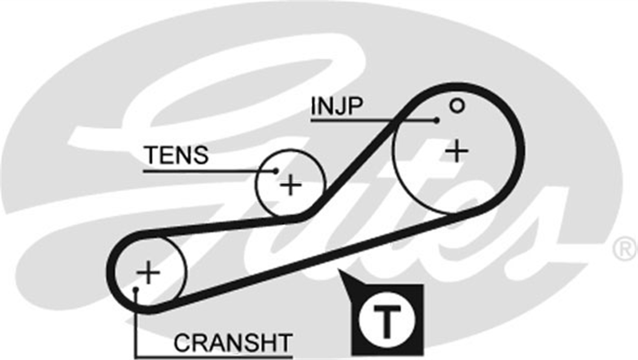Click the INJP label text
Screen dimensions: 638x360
337,106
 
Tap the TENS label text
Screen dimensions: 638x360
177,155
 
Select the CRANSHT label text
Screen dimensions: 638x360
233,343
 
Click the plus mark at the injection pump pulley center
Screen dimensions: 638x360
457,151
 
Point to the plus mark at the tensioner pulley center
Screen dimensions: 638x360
290,186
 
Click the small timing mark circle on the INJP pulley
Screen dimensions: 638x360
457,106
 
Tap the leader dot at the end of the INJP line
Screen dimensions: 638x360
436,121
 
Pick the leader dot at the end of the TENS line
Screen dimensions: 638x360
275,171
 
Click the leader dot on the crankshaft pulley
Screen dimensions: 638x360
136,290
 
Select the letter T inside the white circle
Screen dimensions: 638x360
387,321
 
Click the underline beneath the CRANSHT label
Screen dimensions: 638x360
214,357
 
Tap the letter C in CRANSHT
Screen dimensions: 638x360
182,343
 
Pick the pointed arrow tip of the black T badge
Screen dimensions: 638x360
338,270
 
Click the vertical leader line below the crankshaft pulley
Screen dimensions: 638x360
136,323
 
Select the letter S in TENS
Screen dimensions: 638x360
200,155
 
